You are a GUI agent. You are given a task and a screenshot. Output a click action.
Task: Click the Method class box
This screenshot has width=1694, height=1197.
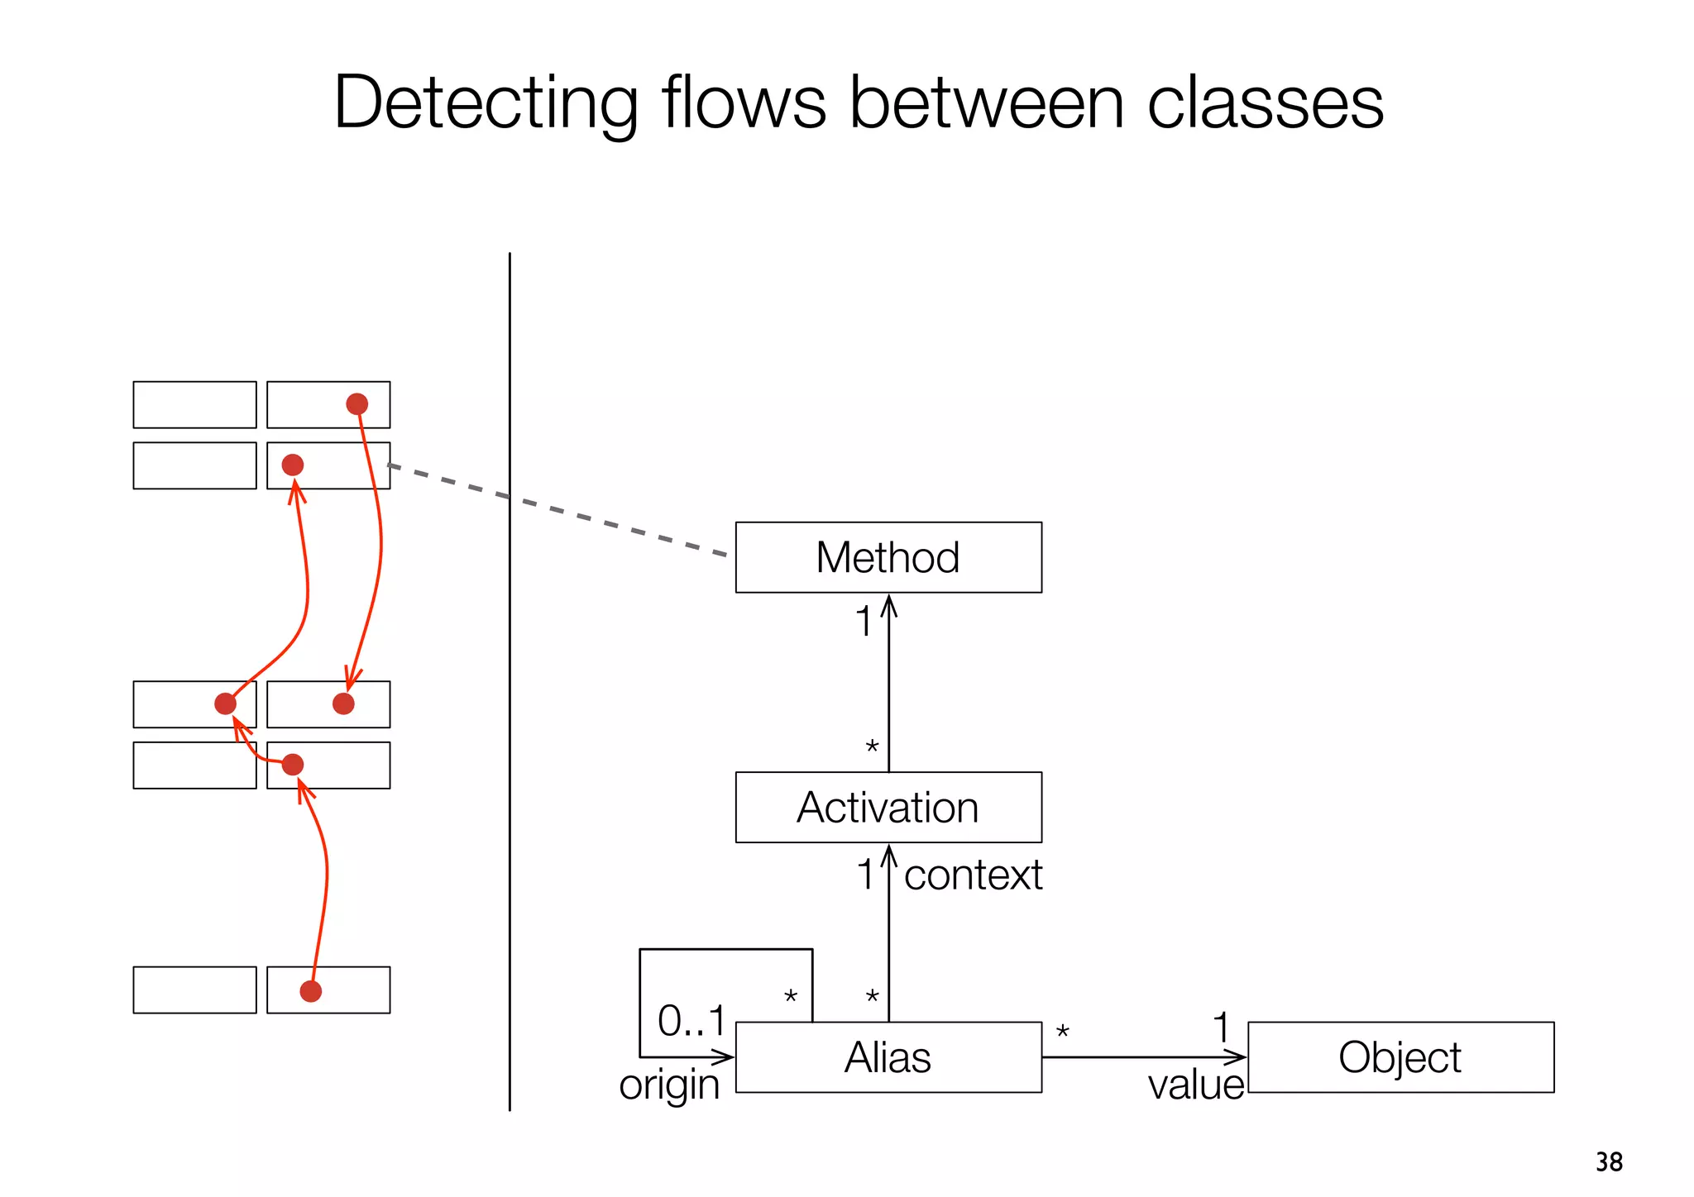coord(888,557)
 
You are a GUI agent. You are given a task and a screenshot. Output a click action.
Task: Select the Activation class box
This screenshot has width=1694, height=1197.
coord(888,808)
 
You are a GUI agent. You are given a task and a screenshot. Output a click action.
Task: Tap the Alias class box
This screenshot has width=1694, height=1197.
coord(888,1057)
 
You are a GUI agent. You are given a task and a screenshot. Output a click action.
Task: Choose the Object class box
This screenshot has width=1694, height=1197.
coord(1400,1057)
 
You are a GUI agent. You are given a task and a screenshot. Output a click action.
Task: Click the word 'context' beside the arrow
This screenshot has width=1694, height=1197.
coord(973,875)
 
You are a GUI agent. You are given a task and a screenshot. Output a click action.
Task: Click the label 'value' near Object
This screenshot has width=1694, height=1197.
coord(1195,1085)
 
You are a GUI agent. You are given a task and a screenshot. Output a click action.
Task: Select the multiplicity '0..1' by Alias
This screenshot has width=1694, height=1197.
coord(691,1021)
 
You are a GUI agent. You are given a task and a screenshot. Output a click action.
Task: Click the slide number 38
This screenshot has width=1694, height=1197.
coord(1609,1161)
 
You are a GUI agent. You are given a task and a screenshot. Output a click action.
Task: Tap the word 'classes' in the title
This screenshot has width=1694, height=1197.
coord(1265,103)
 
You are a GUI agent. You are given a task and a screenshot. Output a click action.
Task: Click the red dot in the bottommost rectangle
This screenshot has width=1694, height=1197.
coord(310,991)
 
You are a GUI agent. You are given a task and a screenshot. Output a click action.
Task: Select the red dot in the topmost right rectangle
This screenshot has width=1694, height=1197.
coord(357,404)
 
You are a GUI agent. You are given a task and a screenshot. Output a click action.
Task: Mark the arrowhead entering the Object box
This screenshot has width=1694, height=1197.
coord(1237,1057)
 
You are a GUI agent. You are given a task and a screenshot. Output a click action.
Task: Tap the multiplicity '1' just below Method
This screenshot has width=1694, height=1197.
coord(863,622)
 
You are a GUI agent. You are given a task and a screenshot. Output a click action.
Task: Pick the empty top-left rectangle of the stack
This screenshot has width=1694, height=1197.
coord(194,404)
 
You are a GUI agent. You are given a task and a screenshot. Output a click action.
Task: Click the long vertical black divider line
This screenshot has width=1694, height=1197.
coord(510,744)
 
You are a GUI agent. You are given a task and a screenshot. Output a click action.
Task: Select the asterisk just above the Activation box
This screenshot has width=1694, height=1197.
coord(872,747)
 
